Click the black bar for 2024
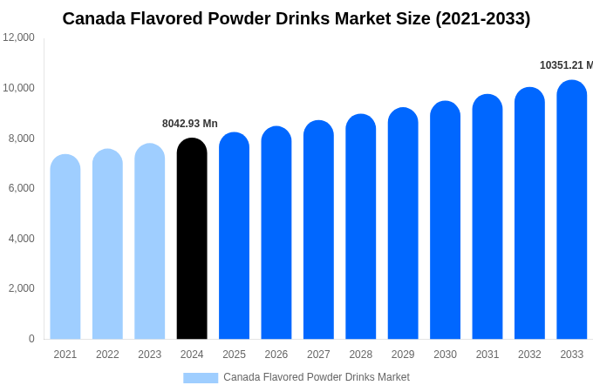pyautogui.click(x=192, y=240)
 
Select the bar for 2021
pyautogui.click(x=65, y=247)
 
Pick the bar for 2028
pyautogui.click(x=361, y=227)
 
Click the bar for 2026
pyautogui.click(x=276, y=233)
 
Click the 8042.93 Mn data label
pyautogui.click(x=190, y=124)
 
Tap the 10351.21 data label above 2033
pyautogui.click(x=565, y=65)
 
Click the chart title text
pyautogui.click(x=296, y=18)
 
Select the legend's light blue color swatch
pyautogui.click(x=201, y=377)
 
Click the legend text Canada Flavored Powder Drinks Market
pyautogui.click(x=317, y=377)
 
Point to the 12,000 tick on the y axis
pyautogui.click(x=18, y=37)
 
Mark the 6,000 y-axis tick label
pyautogui.click(x=18, y=188)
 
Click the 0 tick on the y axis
pyautogui.click(x=31, y=339)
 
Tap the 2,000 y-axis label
pyautogui.click(x=18, y=288)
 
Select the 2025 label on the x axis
pyautogui.click(x=234, y=355)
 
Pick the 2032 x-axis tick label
pyautogui.click(x=529, y=355)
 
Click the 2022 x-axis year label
pyautogui.click(x=107, y=355)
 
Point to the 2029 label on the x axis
pyautogui.click(x=403, y=355)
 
